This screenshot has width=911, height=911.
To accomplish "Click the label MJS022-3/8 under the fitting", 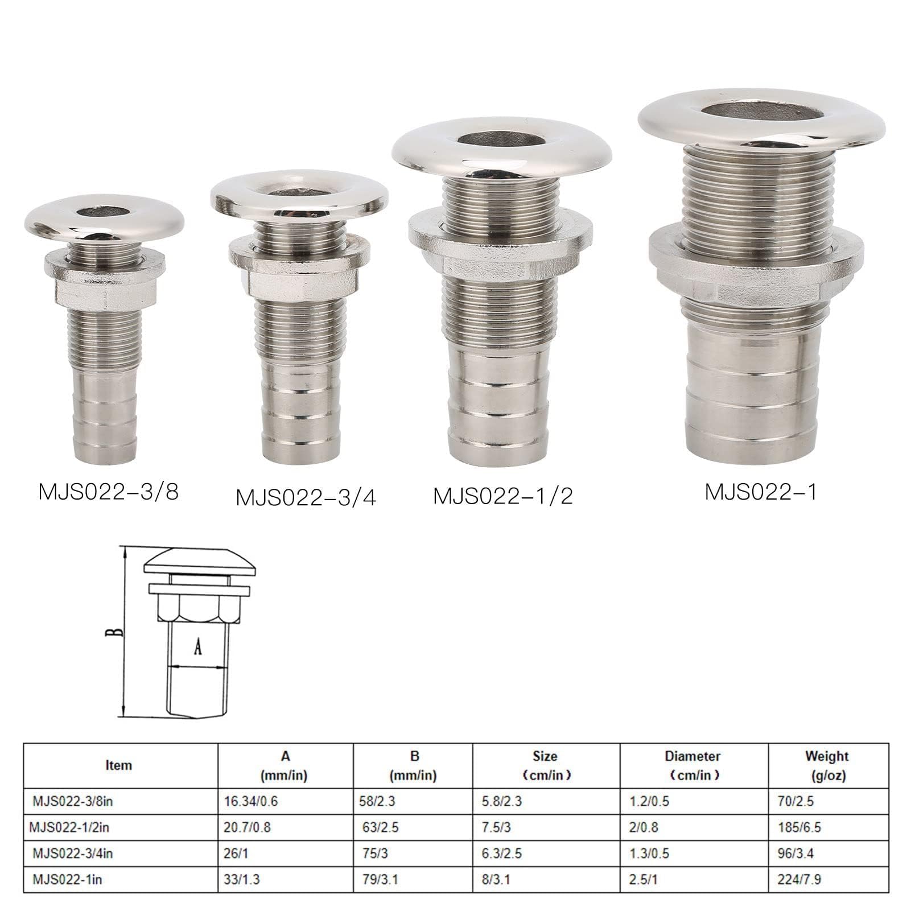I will pos(109,492).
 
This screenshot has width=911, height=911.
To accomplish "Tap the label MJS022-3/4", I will pos(306,497).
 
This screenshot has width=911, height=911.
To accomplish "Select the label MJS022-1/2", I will pos(503,496).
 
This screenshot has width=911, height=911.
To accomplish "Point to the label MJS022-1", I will pos(761,491).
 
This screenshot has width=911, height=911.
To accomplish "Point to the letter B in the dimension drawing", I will pos(114,632).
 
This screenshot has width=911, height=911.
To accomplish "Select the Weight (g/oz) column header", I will pos(827,766).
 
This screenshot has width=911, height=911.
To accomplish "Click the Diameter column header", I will pos(692,766).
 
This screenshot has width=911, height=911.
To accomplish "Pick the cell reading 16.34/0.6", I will pos(249,801).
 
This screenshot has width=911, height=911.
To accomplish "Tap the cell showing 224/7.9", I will pos(799,879).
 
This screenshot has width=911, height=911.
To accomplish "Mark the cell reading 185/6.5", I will pos(799,827).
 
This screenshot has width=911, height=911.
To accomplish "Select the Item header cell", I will pos(118,765).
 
